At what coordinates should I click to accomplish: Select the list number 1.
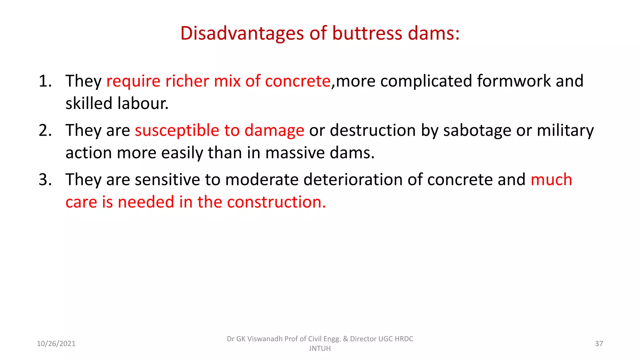click(45, 81)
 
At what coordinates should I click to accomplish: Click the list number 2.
click(45, 130)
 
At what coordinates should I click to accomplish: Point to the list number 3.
click(45, 180)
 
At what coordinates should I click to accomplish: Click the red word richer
click(187, 81)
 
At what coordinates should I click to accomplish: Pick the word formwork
click(514, 81)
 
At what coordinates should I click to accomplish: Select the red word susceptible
click(177, 130)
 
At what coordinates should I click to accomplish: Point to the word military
click(565, 130)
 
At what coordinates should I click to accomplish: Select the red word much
click(551, 180)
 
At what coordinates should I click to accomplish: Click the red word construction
click(276, 202)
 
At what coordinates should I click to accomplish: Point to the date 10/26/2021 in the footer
click(56, 344)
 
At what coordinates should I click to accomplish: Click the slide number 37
click(599, 344)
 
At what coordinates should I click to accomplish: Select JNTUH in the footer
click(320, 348)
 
